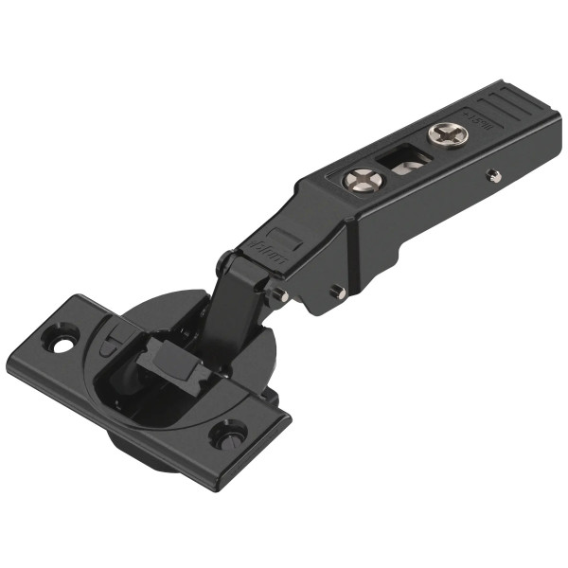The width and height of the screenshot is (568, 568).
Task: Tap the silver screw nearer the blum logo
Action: coord(362,179)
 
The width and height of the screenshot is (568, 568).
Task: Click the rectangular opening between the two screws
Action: coord(402,160)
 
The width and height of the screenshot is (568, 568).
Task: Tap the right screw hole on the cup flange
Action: coord(229,435)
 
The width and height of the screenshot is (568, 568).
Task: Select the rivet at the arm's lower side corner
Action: coord(336,293)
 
